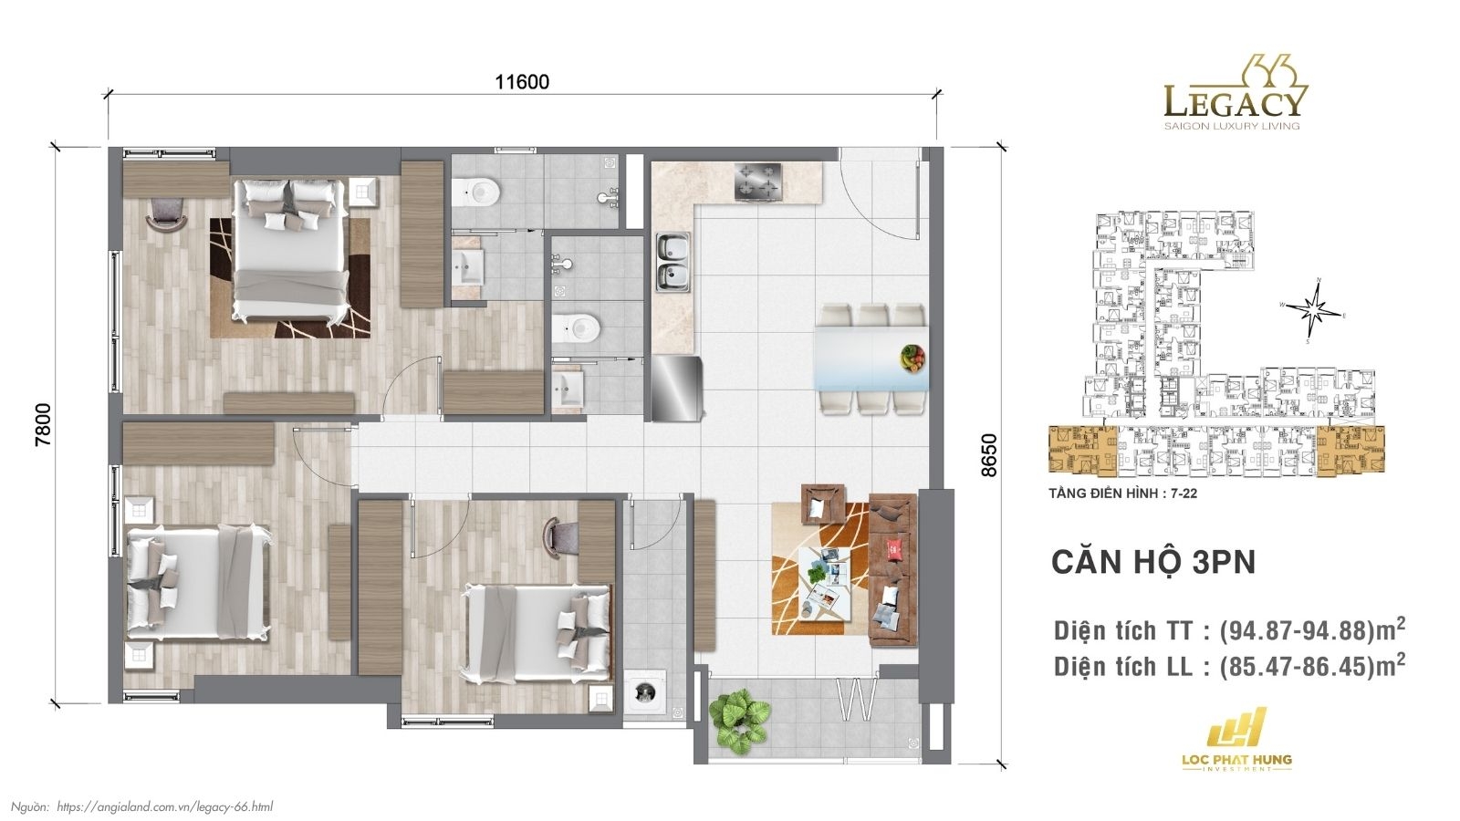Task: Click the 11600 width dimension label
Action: click(522, 82)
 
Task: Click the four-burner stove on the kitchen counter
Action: click(759, 181)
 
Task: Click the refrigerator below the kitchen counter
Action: click(676, 387)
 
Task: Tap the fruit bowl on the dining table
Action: click(912, 357)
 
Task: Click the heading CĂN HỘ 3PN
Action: click(1153, 562)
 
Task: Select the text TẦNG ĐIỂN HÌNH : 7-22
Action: click(1123, 494)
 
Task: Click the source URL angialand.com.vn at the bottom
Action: click(164, 806)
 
